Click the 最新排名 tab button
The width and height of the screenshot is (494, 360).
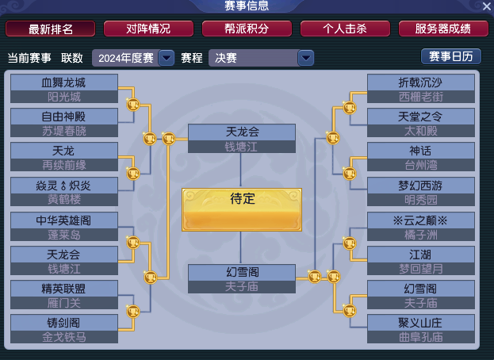[x=51, y=29]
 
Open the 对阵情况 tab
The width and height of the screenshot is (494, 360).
[x=148, y=29]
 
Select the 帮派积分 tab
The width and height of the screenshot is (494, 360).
[x=247, y=29]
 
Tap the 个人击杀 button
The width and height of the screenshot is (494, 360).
[x=345, y=29]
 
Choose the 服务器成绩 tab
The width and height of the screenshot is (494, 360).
[x=443, y=29]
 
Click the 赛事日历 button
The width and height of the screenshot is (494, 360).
[x=451, y=56]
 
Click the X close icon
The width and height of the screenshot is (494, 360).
[x=486, y=6]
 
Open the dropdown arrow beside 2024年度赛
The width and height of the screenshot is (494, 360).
[x=167, y=58]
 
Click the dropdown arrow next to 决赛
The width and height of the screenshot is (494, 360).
[x=305, y=58]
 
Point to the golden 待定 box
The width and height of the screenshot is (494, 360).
[x=242, y=210]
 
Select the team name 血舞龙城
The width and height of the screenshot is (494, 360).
[x=63, y=82]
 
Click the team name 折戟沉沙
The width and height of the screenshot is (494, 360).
[x=420, y=82]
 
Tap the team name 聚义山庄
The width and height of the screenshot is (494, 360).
[x=420, y=323]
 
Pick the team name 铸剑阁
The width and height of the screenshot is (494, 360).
[x=63, y=323]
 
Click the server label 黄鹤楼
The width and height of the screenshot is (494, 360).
[x=64, y=199]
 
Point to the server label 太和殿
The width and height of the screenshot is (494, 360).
[x=421, y=131]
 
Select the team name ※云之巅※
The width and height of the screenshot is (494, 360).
[x=420, y=220]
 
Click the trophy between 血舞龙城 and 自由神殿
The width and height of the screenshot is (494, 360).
[x=133, y=105]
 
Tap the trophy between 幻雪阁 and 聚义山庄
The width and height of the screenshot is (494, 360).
[x=350, y=311]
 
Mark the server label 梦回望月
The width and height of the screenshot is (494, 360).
[x=421, y=269]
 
